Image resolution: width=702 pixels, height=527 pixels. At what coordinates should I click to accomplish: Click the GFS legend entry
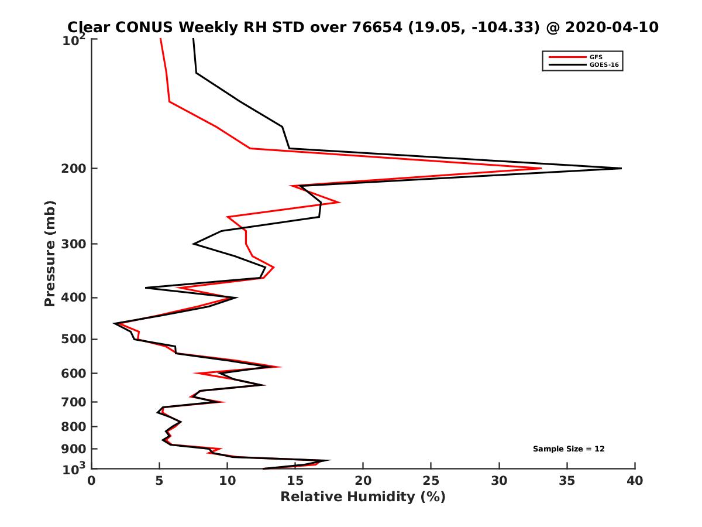click(x=597, y=57)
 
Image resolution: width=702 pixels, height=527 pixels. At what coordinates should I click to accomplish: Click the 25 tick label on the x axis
click(x=431, y=481)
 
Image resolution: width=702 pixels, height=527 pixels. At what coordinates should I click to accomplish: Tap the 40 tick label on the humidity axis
click(x=635, y=481)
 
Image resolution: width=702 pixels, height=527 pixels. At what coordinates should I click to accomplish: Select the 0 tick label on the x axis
click(x=92, y=481)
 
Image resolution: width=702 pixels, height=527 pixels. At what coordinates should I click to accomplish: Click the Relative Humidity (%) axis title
click(x=363, y=497)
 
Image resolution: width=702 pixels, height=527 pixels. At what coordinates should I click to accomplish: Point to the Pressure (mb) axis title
click(x=50, y=253)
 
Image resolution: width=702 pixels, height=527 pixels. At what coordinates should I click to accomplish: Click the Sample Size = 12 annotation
click(x=569, y=449)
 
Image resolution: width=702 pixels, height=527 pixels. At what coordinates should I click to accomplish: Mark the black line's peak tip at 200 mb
click(x=621, y=169)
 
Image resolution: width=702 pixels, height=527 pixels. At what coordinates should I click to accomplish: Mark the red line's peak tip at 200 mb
click(x=541, y=169)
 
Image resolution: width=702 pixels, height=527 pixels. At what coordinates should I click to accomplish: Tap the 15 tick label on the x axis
click(x=295, y=481)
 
